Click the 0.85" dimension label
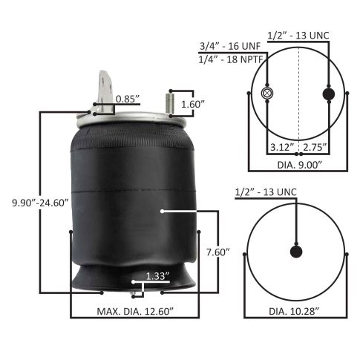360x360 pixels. click(x=128, y=99)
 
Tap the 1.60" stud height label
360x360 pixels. click(x=193, y=104)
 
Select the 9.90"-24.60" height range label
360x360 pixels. click(x=40, y=203)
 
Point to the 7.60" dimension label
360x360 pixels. click(x=218, y=252)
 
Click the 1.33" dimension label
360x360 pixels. click(x=157, y=276)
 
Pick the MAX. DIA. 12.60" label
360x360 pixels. click(x=135, y=311)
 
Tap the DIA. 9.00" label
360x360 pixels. click(x=299, y=165)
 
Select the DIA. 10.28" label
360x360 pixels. click(x=294, y=311)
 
